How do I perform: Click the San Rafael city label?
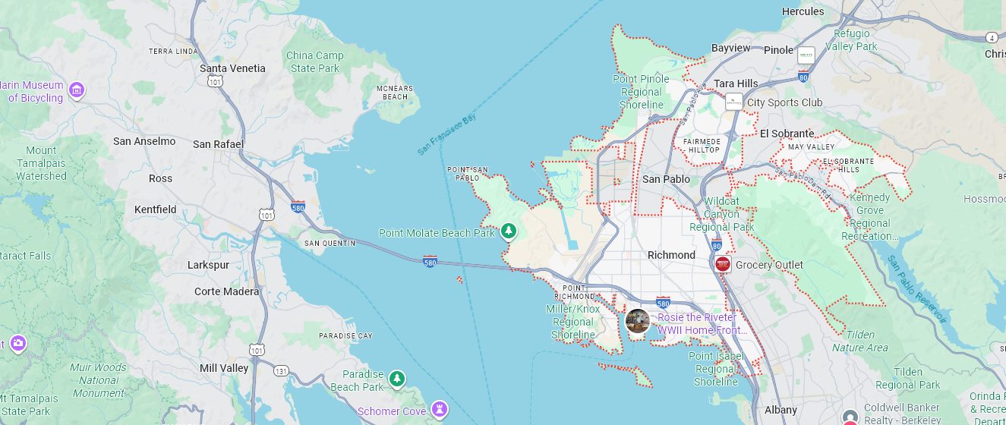pos(218,144)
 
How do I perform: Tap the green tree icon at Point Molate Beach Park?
pos(508,230)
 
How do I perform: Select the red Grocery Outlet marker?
pos(722,264)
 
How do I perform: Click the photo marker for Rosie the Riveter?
pos(637,321)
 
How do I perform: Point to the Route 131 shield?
pos(281,371)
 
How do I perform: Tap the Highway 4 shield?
pos(992,37)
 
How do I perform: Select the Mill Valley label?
pos(224,368)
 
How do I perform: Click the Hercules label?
pos(803,11)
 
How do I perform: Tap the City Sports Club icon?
pos(733,102)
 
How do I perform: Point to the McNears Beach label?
pos(395,93)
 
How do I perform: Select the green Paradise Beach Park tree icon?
pos(396,378)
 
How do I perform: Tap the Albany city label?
pos(781,410)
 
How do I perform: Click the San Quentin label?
pos(330,243)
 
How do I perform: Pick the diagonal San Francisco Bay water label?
pos(446,136)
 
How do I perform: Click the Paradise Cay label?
pos(345,335)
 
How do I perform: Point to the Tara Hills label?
pos(736,83)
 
